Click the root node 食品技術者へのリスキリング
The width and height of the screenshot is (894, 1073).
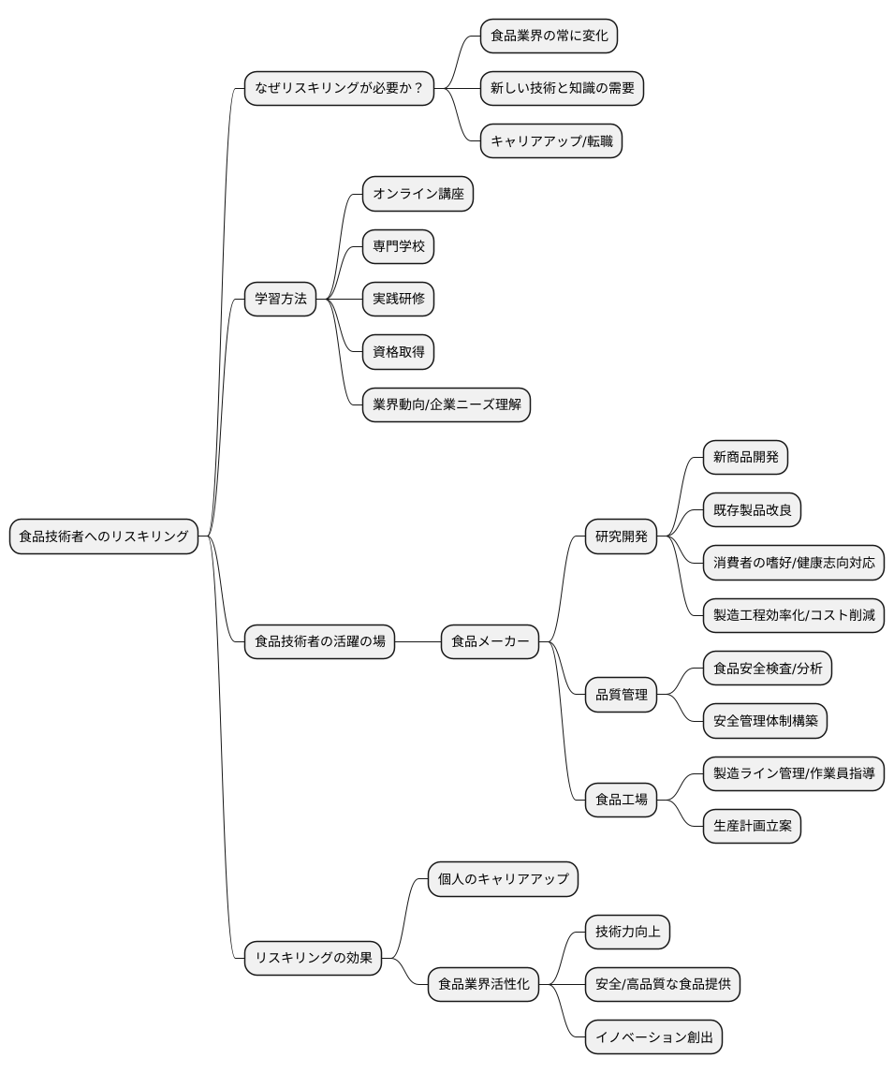coord(104,536)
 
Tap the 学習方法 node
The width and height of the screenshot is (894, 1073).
coord(281,299)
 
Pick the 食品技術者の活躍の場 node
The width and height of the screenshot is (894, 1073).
coord(319,641)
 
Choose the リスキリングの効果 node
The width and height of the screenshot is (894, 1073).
coord(314,957)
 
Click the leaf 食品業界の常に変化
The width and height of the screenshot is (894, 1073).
coord(549,37)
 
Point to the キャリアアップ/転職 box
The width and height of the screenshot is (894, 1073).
coord(550,141)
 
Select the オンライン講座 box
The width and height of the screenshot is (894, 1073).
coord(418,194)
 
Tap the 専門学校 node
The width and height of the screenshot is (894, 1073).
coord(398,246)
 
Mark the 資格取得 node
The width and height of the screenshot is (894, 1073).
coord(398,351)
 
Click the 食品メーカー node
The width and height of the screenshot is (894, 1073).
coord(490,641)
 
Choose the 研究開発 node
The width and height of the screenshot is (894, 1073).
coord(622,536)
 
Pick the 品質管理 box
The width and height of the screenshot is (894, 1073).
coord(622,695)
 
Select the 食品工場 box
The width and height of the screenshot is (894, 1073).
coord(622,800)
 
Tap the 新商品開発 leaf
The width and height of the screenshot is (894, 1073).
coord(745,458)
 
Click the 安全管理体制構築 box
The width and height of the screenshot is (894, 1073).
coord(765,721)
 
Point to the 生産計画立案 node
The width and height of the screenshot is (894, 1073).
coord(752,826)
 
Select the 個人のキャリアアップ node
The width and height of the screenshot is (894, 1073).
coord(503,879)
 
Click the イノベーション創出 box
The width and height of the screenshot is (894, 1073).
coord(653,1036)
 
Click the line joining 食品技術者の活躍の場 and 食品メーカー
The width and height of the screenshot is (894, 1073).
coord(418,641)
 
